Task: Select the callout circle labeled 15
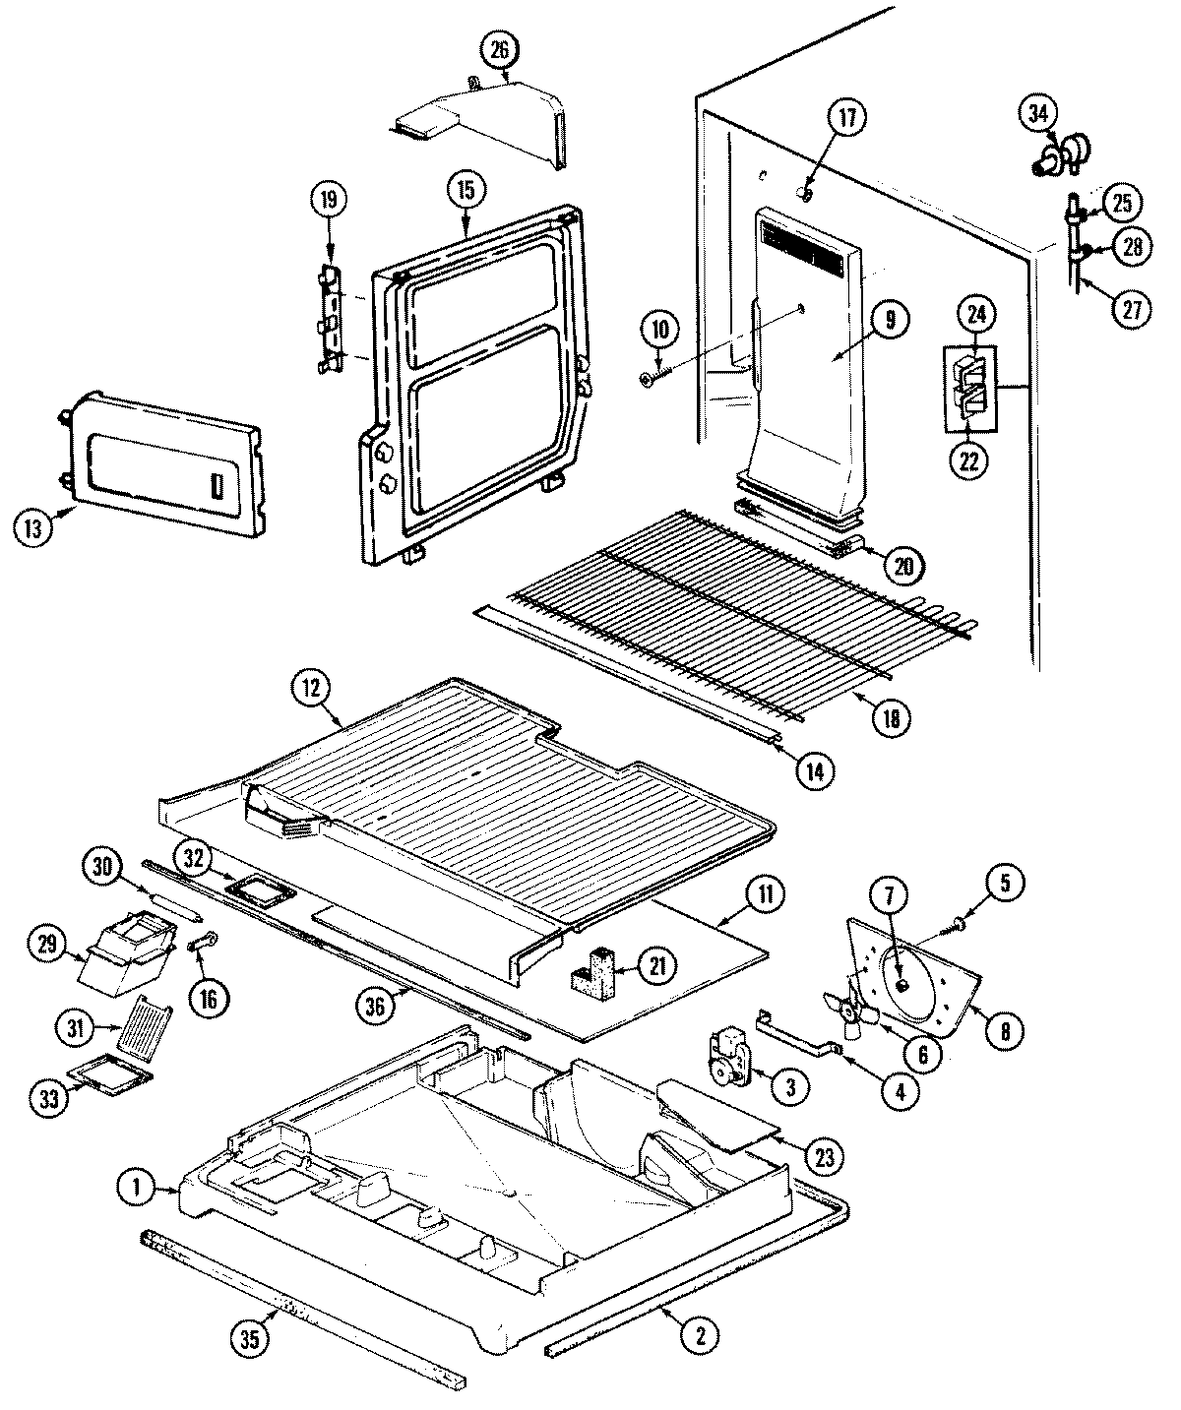tap(466, 189)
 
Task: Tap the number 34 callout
tap(1038, 113)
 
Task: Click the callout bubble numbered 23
tap(824, 1156)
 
